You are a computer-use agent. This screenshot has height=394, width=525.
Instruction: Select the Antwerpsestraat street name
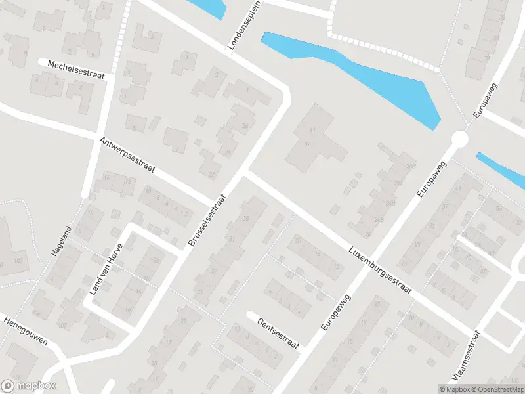coord(127,155)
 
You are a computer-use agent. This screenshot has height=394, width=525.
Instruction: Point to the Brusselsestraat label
coord(207,220)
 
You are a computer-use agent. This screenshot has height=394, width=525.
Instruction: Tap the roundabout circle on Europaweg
coord(459,139)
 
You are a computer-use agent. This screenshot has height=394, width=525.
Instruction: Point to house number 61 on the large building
coord(313,132)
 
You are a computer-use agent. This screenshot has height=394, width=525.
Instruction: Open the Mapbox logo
coord(29,386)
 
